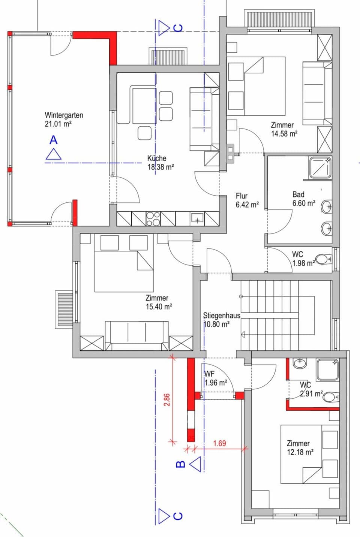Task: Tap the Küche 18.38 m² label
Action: pos(160,163)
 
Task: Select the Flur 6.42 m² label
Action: pos(247,200)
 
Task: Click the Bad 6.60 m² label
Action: pos(303,199)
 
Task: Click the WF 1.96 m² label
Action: pos(215,378)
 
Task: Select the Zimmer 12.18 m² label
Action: pos(300,448)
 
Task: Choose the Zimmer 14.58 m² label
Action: pos(284,129)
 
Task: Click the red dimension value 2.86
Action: pos(167,399)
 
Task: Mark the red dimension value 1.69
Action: pos(219,443)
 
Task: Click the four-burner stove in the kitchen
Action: pos(153,219)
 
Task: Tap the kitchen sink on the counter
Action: pos(197,218)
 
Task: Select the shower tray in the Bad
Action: pos(320,167)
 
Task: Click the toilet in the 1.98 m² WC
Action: pos(323,259)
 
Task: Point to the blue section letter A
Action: pos(54,140)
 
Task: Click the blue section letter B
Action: pos(180,464)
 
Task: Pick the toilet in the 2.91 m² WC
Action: pos(330,397)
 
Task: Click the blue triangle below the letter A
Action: pos(54,154)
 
